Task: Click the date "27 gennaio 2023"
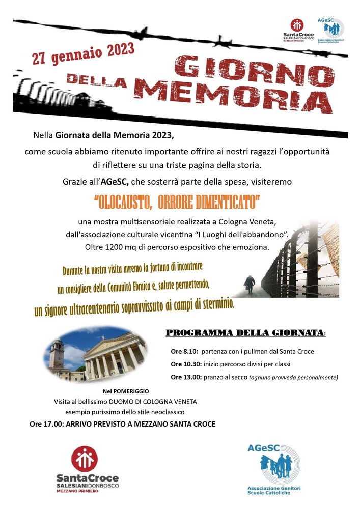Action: pyautogui.click(x=84, y=52)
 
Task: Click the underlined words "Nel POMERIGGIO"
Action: pyautogui.click(x=126, y=391)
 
